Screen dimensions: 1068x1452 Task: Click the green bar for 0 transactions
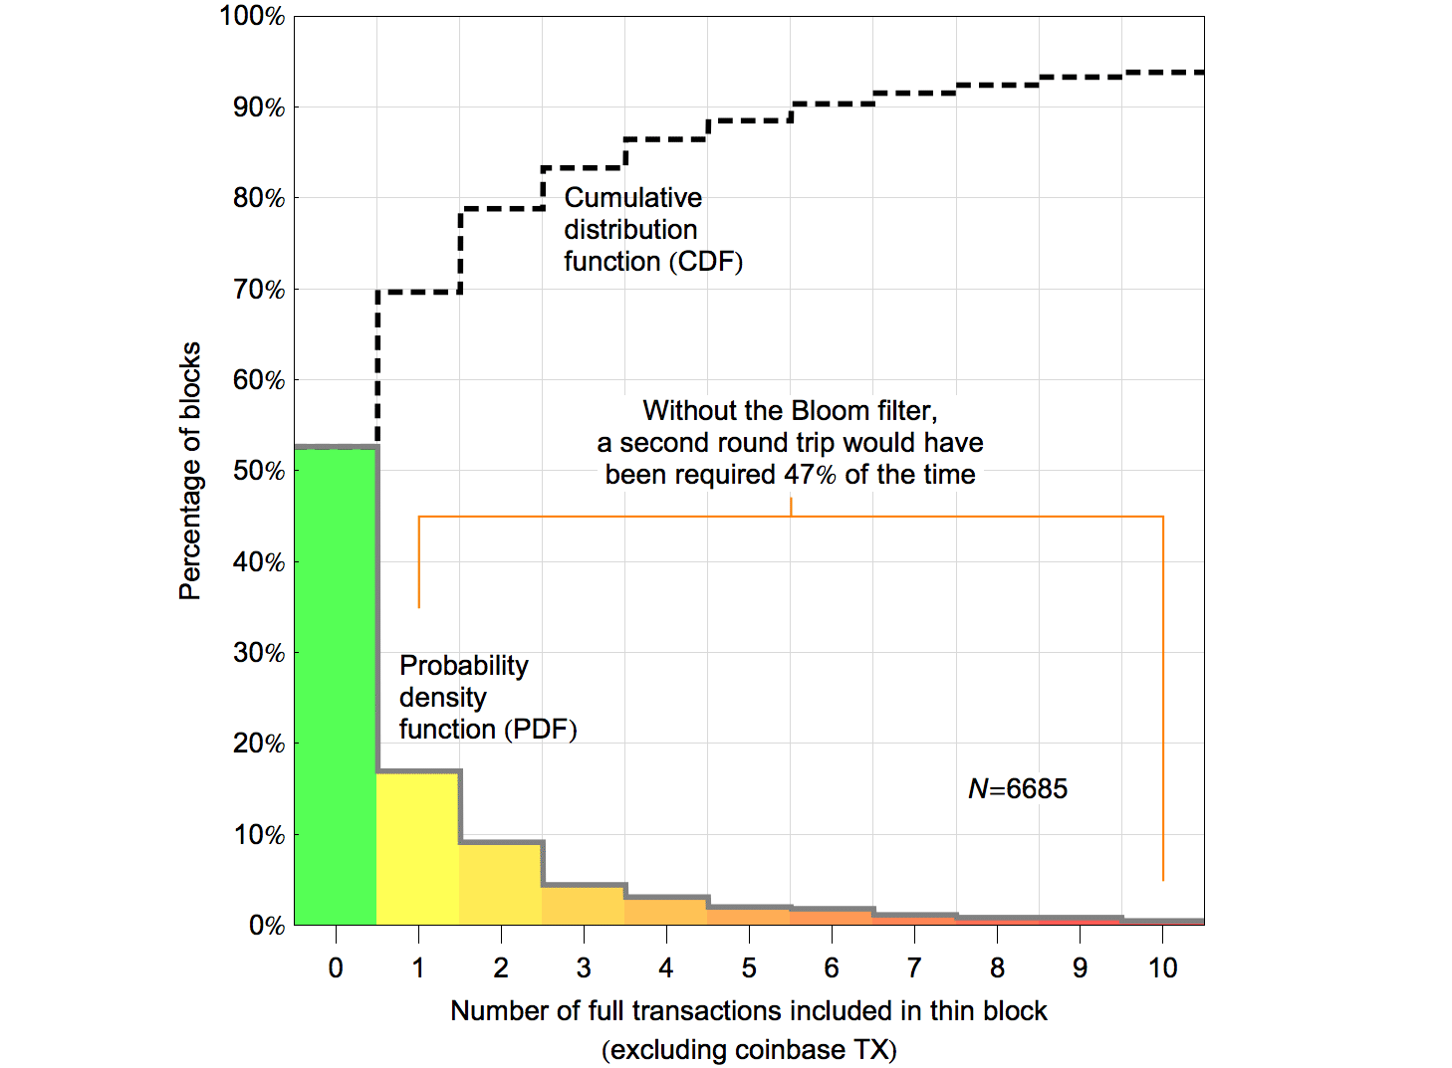point(336,687)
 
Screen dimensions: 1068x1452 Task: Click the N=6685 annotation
point(1018,789)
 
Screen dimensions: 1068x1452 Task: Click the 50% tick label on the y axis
point(259,471)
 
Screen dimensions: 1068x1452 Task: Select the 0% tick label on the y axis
point(266,926)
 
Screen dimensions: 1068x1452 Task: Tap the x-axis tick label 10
point(1162,967)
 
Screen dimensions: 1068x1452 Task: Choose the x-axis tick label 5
point(749,967)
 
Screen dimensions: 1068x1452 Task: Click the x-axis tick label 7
point(914,967)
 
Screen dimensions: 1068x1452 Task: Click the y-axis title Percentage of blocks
point(190,471)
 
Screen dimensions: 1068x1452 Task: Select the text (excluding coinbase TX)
point(749,1050)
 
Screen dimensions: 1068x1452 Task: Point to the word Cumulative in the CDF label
point(632,198)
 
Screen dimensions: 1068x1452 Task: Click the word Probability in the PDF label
point(464,666)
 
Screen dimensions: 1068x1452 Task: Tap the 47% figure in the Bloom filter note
point(810,475)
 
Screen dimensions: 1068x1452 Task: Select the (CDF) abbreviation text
point(706,262)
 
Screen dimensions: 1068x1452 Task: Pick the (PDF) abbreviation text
point(541,730)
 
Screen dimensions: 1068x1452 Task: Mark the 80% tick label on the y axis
point(259,198)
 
